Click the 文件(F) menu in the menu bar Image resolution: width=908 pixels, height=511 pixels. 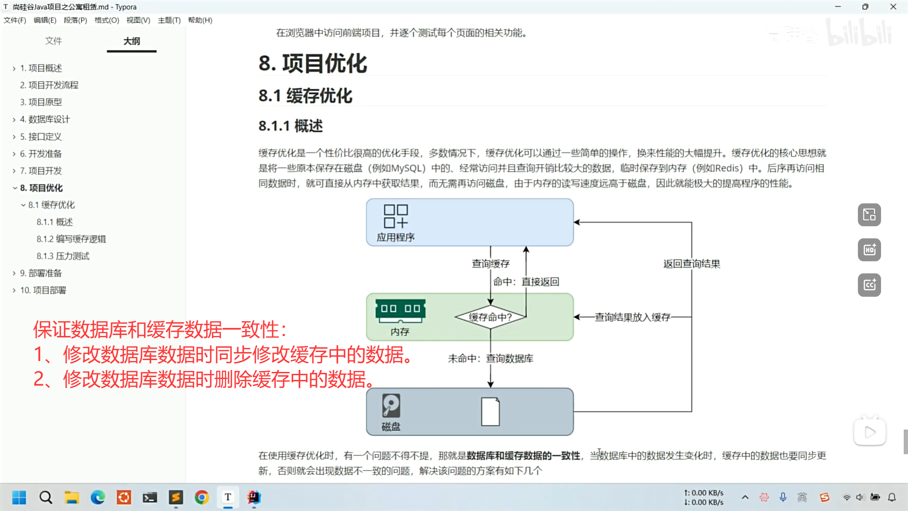pyautogui.click(x=15, y=20)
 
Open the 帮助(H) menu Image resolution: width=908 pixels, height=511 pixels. pyautogui.click(x=200, y=20)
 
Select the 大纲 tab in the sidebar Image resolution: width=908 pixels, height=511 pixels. pyautogui.click(x=131, y=41)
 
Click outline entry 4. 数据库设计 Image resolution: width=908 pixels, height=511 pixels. pyautogui.click(x=44, y=119)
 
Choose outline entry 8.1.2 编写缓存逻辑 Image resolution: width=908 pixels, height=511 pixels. pyautogui.click(x=71, y=239)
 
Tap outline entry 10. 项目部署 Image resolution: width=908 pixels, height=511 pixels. pyautogui.click(x=43, y=290)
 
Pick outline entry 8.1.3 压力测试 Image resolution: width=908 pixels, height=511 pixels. pyautogui.click(x=63, y=256)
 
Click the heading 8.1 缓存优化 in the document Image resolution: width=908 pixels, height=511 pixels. pyautogui.click(x=305, y=96)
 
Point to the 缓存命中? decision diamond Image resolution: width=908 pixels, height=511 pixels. pyautogui.click(x=490, y=317)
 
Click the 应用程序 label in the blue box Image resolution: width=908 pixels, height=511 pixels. pyautogui.click(x=395, y=238)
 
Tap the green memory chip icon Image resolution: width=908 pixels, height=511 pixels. pyautogui.click(x=400, y=309)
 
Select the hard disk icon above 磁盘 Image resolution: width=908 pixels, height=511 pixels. pyautogui.click(x=391, y=405)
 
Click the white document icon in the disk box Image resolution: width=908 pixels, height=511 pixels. pyautogui.click(x=490, y=411)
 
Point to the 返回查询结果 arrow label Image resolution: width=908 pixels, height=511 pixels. pyautogui.click(x=691, y=264)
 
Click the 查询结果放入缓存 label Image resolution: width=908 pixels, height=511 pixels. pyautogui.click(x=632, y=317)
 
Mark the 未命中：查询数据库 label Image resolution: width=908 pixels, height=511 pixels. pyautogui.click(x=490, y=359)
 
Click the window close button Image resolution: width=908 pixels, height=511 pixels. pyautogui.click(x=893, y=7)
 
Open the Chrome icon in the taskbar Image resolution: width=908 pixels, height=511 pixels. pyautogui.click(x=202, y=497)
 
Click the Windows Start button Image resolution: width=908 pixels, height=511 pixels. pyautogui.click(x=19, y=497)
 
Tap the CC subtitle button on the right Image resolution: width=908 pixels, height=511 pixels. pyautogui.click(x=869, y=285)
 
